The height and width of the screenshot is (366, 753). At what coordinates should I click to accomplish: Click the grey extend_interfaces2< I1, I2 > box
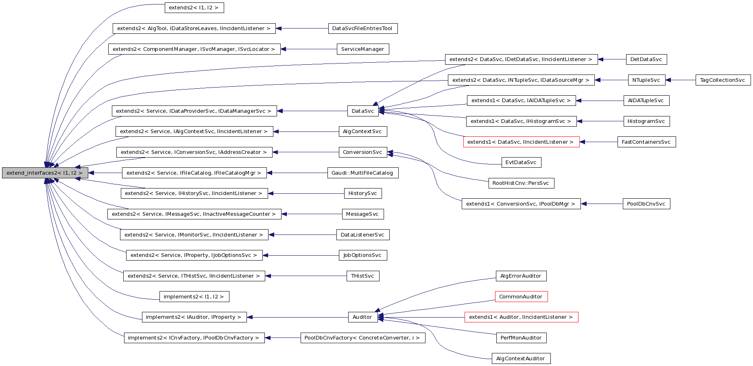click(45, 173)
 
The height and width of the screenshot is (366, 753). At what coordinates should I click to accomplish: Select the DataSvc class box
click(363, 111)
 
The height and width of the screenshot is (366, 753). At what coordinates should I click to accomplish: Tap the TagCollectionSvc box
click(722, 80)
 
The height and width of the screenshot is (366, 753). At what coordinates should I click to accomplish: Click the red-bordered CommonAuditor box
click(521, 296)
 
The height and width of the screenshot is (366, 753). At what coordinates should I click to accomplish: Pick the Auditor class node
click(362, 317)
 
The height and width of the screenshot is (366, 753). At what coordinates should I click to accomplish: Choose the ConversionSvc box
click(362, 152)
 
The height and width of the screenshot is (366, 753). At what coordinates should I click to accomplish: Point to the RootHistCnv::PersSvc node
click(521, 183)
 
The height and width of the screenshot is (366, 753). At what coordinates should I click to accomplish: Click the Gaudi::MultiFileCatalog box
click(362, 173)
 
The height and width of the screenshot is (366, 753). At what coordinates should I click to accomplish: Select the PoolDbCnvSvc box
click(646, 204)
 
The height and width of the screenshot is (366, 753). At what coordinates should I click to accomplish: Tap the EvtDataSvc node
click(521, 162)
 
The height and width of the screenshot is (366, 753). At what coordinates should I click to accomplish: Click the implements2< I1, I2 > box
click(194, 296)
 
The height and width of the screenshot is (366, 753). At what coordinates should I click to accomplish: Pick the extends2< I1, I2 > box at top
click(194, 8)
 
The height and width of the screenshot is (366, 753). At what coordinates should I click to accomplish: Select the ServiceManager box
click(362, 49)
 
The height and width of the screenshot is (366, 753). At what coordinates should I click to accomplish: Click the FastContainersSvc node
click(646, 142)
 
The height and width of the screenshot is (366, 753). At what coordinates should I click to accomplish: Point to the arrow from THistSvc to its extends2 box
click(305, 276)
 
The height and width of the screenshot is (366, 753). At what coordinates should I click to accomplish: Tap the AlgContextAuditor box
click(521, 358)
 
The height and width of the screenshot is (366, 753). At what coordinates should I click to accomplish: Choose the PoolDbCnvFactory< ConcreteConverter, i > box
click(362, 338)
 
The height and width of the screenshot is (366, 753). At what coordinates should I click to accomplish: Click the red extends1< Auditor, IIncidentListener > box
click(521, 317)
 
